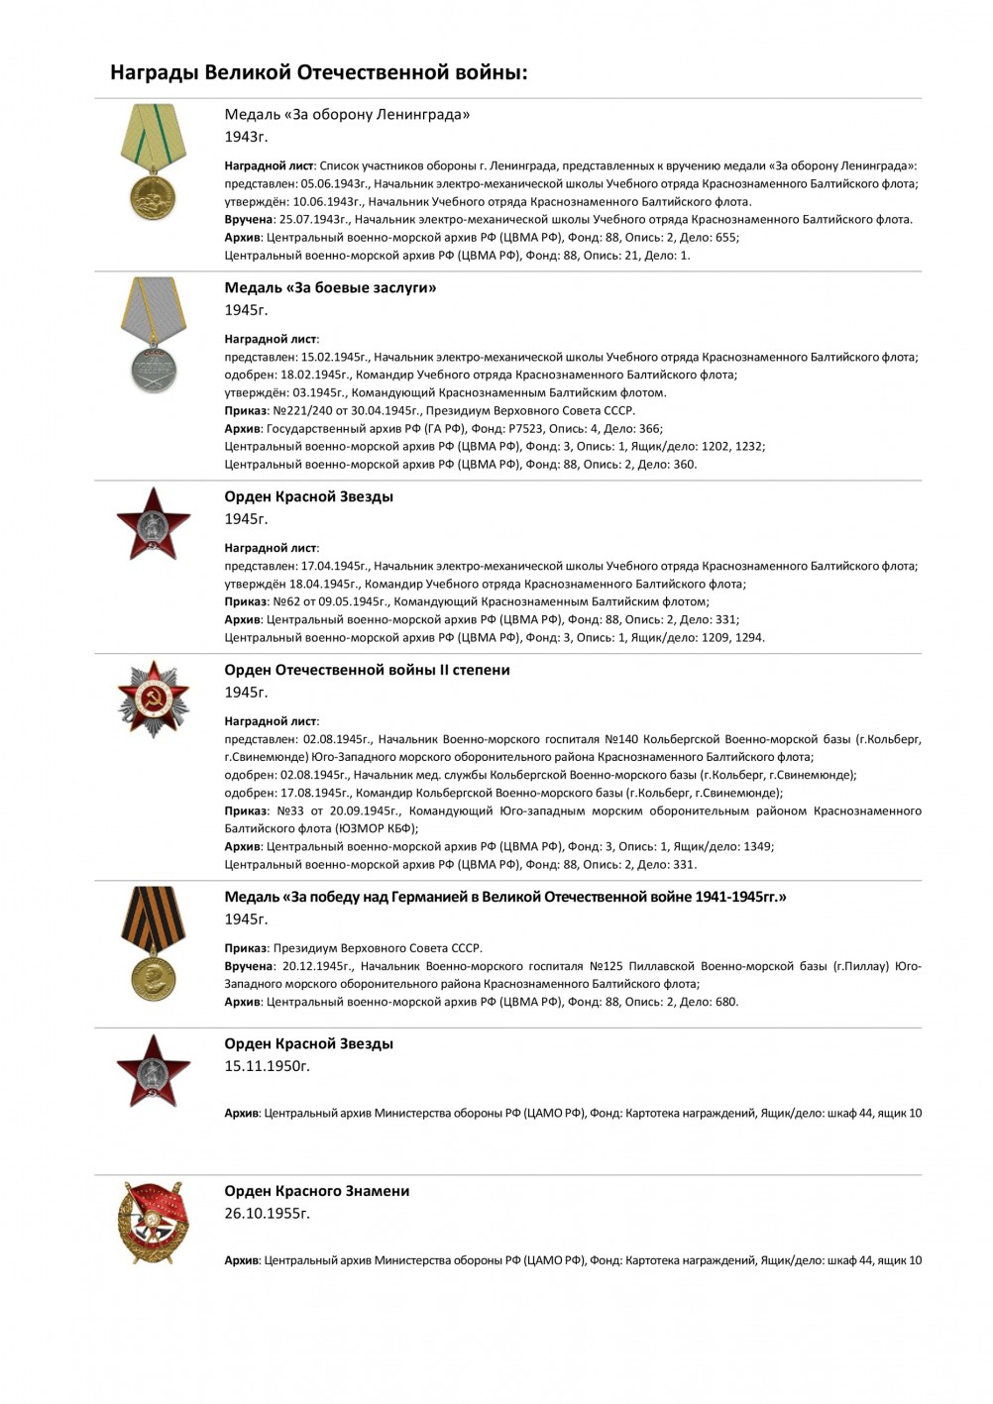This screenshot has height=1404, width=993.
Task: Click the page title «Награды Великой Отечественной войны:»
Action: pyautogui.click(x=318, y=72)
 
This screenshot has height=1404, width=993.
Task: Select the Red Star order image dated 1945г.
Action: pyautogui.click(x=153, y=523)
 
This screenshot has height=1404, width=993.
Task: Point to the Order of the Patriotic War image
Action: pyautogui.click(x=153, y=699)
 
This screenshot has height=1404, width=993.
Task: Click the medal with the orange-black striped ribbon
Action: pyautogui.click(x=153, y=942)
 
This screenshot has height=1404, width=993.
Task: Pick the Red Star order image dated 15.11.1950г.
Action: pyautogui.click(x=153, y=1071)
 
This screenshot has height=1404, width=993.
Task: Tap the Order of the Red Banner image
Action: pyautogui.click(x=152, y=1224)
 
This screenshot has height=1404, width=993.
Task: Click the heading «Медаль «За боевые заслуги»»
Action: pyautogui.click(x=330, y=288)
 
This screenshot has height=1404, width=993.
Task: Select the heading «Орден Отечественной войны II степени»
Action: pyautogui.click(x=367, y=670)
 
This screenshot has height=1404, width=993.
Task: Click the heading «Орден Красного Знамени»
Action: pyautogui.click(x=316, y=1191)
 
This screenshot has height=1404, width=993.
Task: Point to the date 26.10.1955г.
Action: pyautogui.click(x=267, y=1214)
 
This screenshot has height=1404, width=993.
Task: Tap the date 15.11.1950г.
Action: pyautogui.click(x=267, y=1066)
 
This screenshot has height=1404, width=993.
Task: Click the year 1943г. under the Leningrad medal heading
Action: pyautogui.click(x=246, y=137)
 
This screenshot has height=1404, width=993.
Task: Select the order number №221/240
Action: pyautogui.click(x=298, y=411)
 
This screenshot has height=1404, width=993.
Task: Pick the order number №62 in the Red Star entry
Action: pyautogui.click(x=285, y=601)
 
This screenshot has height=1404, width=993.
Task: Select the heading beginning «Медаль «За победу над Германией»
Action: pyautogui.click(x=504, y=897)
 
